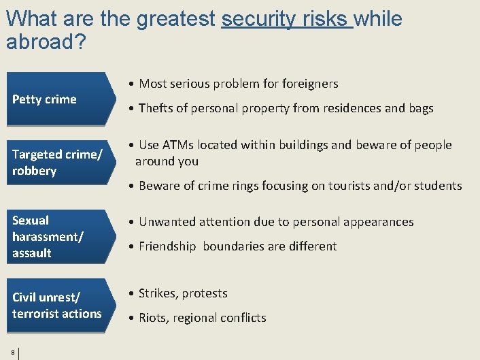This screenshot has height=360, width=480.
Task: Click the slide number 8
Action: pyautogui.click(x=14, y=352)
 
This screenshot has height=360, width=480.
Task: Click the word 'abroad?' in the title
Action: pyautogui.click(x=46, y=42)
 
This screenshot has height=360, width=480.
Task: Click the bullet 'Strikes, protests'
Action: pyautogui.click(x=183, y=293)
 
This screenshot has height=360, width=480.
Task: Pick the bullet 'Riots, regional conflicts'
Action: pyautogui.click(x=202, y=318)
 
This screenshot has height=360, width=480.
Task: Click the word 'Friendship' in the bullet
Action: pyautogui.click(x=168, y=246)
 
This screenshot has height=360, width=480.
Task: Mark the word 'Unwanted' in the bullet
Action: pyautogui.click(x=165, y=222)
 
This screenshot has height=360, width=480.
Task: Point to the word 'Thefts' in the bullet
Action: pyautogui.click(x=156, y=108)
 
